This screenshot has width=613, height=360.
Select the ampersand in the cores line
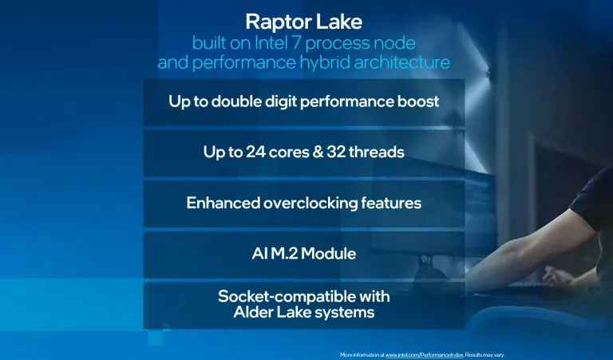coord(312,152)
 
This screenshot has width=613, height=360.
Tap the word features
coord(390,203)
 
